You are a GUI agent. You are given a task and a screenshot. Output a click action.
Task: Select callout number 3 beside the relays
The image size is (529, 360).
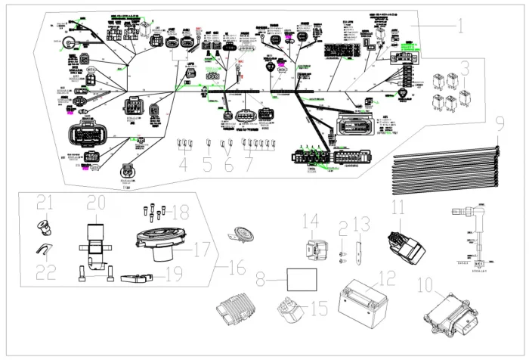coord(466,70)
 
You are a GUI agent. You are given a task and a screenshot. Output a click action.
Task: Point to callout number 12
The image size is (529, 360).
coord(386,279)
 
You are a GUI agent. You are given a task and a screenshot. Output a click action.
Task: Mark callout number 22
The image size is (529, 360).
coord(45,272)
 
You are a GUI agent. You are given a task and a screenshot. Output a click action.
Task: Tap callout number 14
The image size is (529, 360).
coord(311,221)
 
